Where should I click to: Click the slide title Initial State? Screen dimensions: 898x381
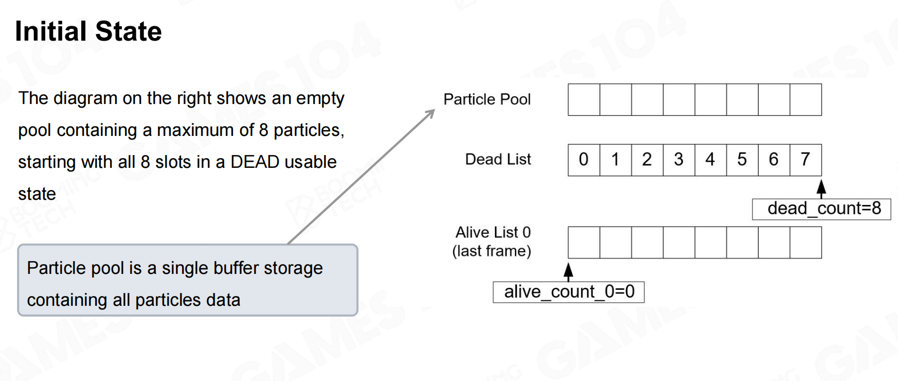pyautogui.click(x=88, y=31)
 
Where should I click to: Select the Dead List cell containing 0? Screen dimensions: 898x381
pyautogui.click(x=584, y=160)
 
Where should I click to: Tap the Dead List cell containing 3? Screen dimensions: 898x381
pyautogui.click(x=679, y=160)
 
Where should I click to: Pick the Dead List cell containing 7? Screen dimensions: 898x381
pyautogui.click(x=805, y=160)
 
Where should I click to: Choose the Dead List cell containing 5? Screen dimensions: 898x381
pyautogui.click(x=742, y=160)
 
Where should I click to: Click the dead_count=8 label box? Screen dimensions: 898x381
pyautogui.click(x=821, y=209)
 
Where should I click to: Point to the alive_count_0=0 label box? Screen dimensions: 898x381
pyautogui.click(x=568, y=292)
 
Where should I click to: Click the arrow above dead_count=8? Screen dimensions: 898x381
pyautogui.click(x=821, y=188)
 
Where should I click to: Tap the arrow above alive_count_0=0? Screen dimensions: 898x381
pyautogui.click(x=568, y=272)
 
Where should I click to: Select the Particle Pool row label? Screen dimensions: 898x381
pyautogui.click(x=487, y=99)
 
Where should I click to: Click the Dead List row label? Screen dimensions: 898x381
pyautogui.click(x=498, y=160)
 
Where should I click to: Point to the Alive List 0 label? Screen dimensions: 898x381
pyautogui.click(x=493, y=232)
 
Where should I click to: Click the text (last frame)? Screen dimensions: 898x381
pyautogui.click(x=492, y=251)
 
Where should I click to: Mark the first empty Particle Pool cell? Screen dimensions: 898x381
pyautogui.click(x=584, y=100)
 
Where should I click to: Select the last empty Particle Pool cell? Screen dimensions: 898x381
pyautogui.click(x=805, y=100)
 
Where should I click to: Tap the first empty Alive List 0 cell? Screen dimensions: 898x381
pyautogui.click(x=584, y=243)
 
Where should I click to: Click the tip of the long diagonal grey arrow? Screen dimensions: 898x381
pyautogui.click(x=435, y=110)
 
